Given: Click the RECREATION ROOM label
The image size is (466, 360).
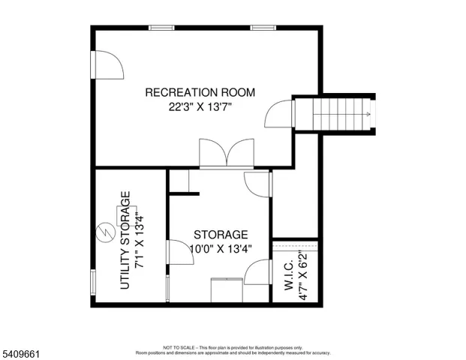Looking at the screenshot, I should (x=200, y=93).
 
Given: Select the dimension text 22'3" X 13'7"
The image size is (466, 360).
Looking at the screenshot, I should (x=200, y=107).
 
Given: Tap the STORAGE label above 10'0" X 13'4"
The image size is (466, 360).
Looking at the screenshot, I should (x=221, y=235).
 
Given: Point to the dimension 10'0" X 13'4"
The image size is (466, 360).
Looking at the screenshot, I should (x=221, y=248).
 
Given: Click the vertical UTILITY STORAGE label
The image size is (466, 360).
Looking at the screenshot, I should (x=125, y=241).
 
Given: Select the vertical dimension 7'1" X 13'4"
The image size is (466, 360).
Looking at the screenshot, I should (x=140, y=241).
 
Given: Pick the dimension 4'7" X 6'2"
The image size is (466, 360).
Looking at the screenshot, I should (x=302, y=277).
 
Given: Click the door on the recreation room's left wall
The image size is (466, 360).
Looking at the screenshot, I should (x=106, y=65).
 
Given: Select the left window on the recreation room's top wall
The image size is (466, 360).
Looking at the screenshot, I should (x=161, y=28).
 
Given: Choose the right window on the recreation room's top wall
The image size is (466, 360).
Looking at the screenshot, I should (x=262, y=28).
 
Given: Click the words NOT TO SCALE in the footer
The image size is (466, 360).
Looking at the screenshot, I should (x=180, y=348).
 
